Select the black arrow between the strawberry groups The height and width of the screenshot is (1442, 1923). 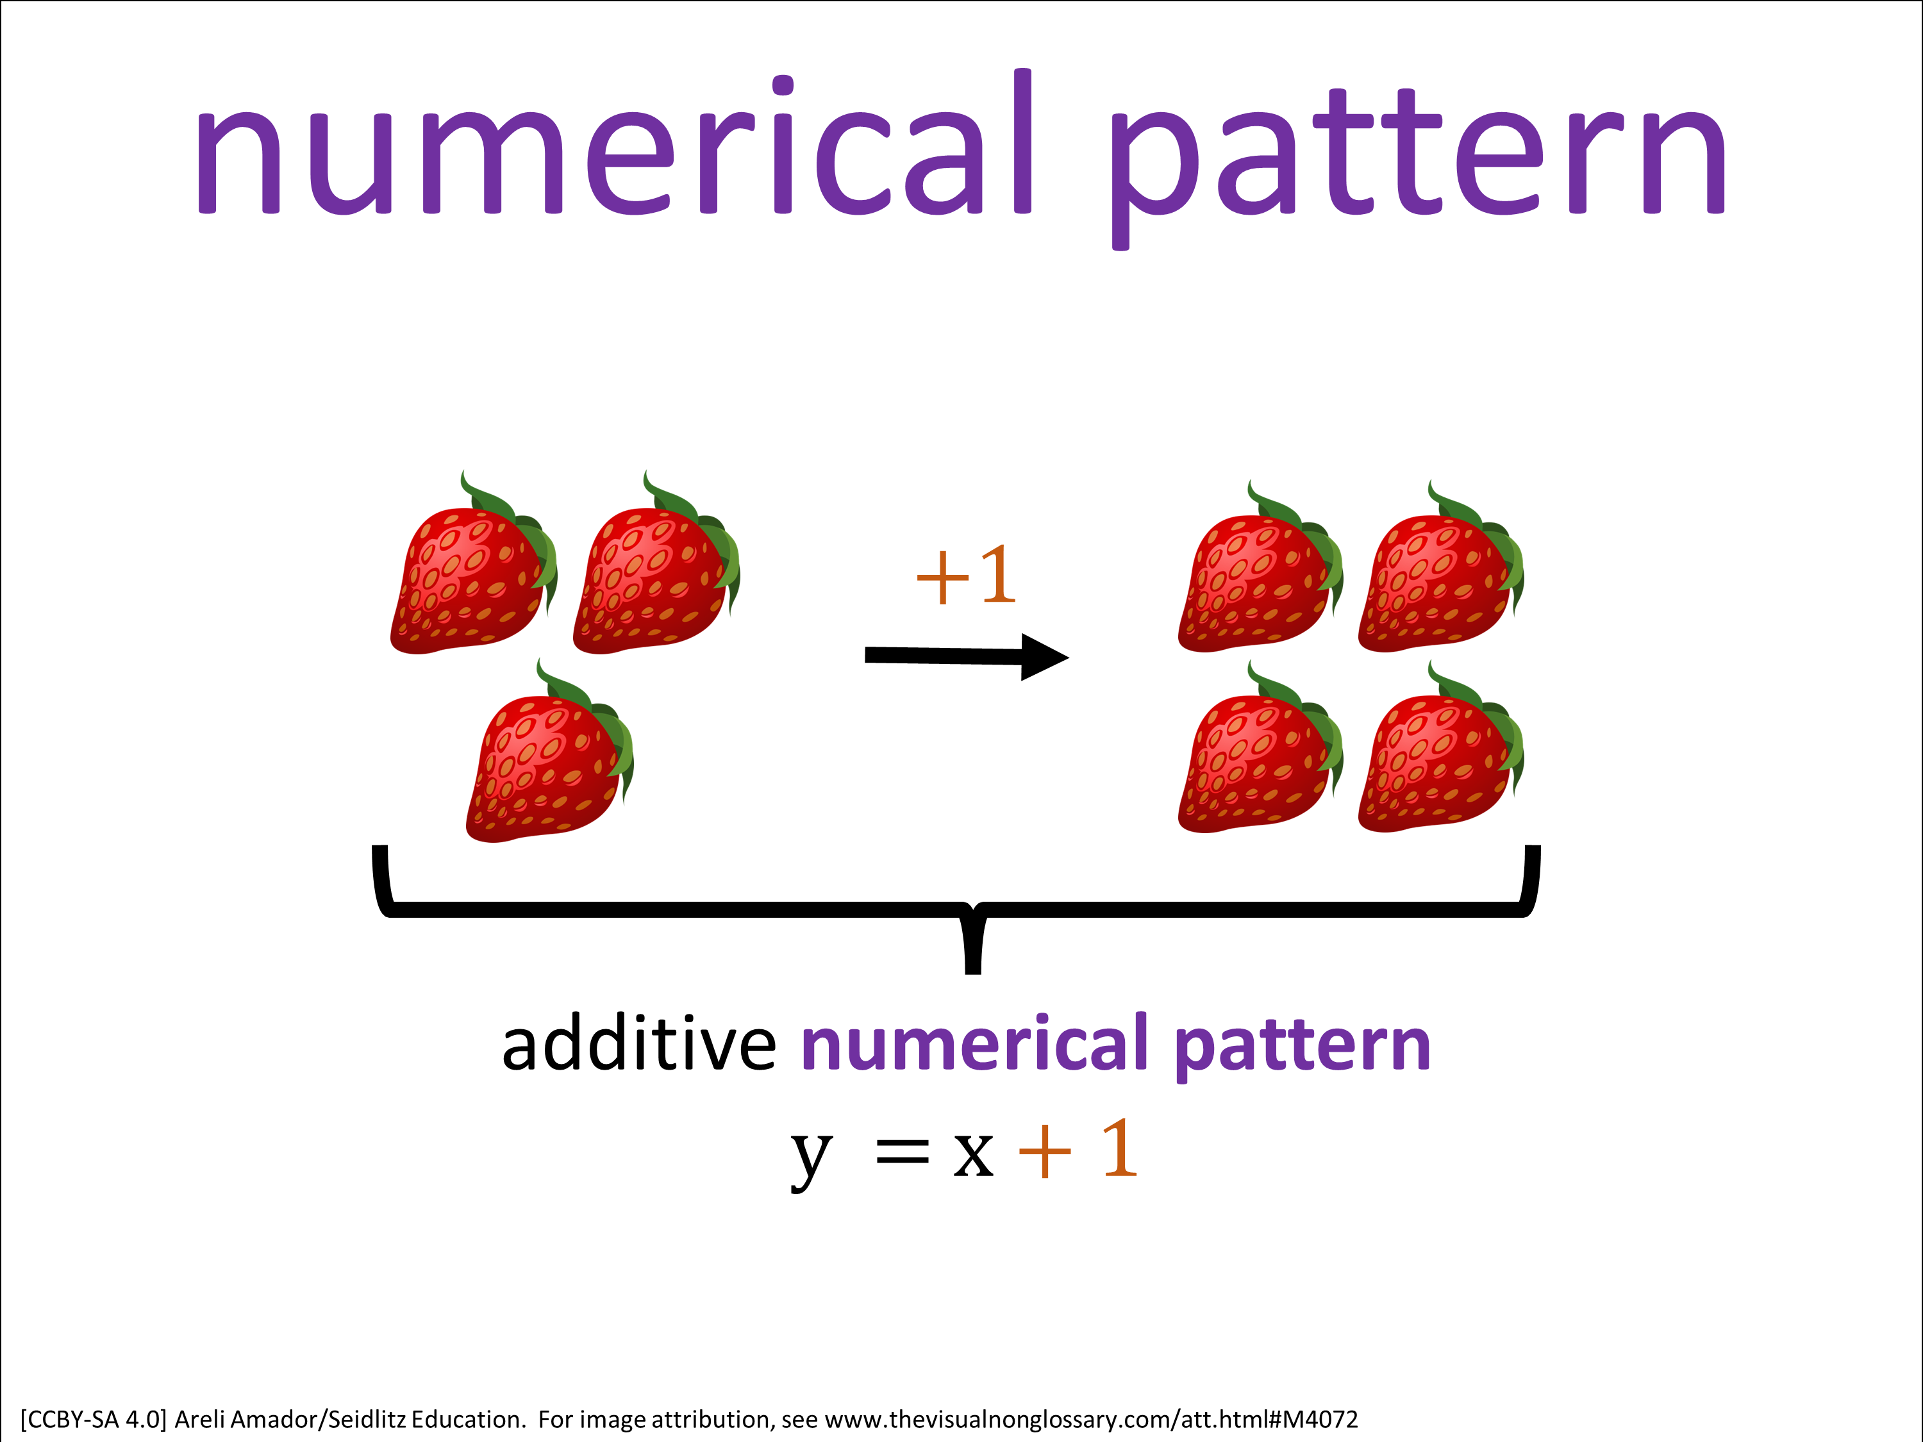tap(967, 656)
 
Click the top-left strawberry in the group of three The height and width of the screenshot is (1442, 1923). tap(474, 566)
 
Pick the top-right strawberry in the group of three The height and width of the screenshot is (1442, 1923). tap(656, 566)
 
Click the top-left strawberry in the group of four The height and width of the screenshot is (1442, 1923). tap(1261, 569)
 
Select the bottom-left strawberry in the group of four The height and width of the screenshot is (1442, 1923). tap(1261, 749)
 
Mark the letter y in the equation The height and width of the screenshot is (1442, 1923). tap(812, 1159)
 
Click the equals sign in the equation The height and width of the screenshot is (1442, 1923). tap(903, 1154)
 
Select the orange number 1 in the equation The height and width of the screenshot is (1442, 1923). tap(1120, 1147)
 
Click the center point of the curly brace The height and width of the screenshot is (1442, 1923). tap(974, 909)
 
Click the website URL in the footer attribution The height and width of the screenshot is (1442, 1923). tap(1091, 1420)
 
